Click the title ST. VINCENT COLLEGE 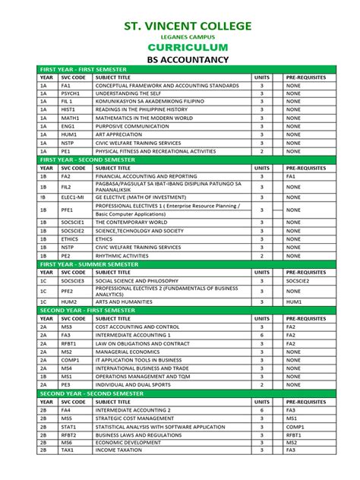pos(187,27)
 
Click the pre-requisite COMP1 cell pos(296,427)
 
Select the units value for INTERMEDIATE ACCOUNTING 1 pos(262,334)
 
